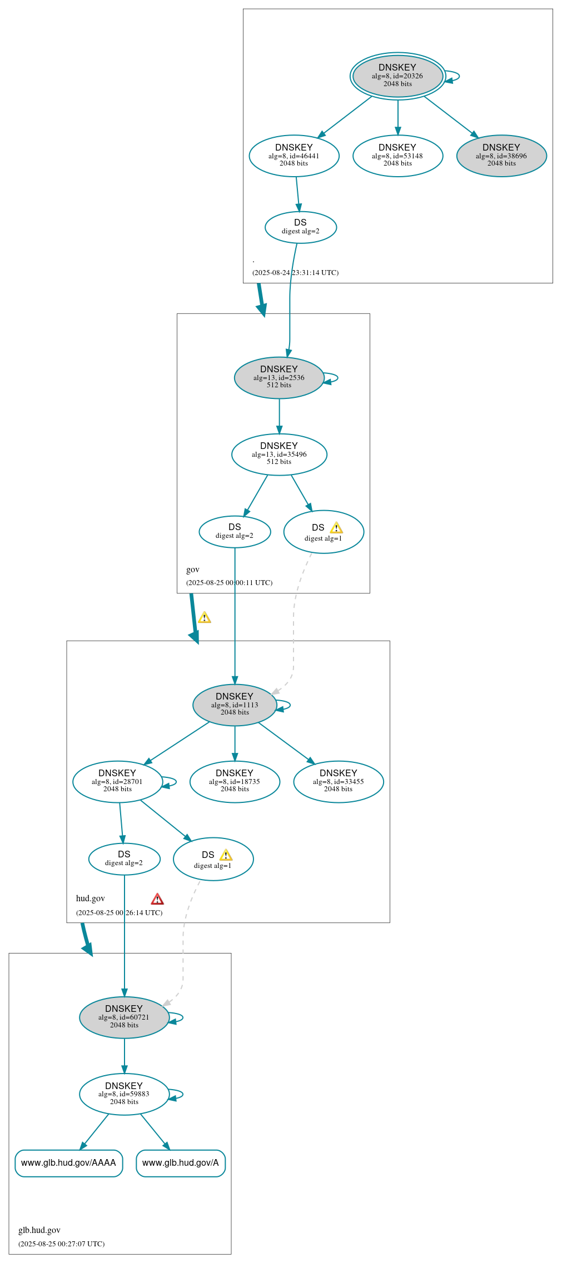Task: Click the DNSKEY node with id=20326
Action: (397, 76)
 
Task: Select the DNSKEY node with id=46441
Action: (294, 156)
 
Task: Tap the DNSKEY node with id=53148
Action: (397, 156)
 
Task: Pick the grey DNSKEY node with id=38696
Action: (501, 156)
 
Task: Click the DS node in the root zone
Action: (300, 227)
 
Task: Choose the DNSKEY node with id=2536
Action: (279, 377)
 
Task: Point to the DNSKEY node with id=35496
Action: (279, 454)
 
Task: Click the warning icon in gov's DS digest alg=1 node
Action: (336, 528)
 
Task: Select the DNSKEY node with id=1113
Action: (235, 705)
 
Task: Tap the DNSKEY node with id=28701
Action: (117, 781)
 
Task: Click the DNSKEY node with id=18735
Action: (235, 781)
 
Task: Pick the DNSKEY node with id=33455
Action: (338, 781)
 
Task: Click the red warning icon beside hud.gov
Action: (157, 899)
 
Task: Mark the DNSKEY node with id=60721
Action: (124, 1017)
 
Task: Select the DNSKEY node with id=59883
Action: (124, 1094)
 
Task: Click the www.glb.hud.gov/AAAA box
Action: (68, 1163)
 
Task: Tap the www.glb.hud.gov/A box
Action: (181, 1163)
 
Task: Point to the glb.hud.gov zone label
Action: (39, 1230)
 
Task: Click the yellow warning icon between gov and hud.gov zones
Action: (205, 617)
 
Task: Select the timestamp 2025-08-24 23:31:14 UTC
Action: (295, 272)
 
